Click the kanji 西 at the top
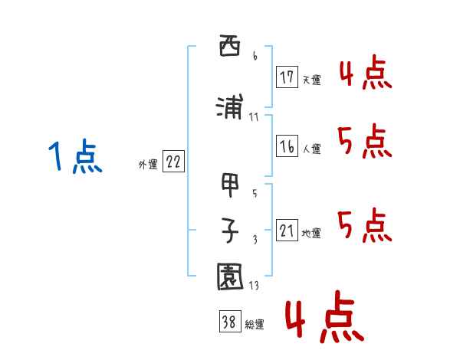230,45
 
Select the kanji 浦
230,106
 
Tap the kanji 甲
230,185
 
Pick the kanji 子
230,230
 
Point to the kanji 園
230,277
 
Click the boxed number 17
287,77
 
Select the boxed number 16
287,146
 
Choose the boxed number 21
287,230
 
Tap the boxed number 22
173,162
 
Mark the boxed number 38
230,321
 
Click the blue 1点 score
75,156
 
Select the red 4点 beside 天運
366,72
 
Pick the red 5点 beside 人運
365,141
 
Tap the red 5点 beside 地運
365,225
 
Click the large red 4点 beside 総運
325,316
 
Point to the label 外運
148,165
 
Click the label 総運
255,325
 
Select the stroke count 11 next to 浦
254,117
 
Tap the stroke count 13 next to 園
254,285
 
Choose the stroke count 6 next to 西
255,56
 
